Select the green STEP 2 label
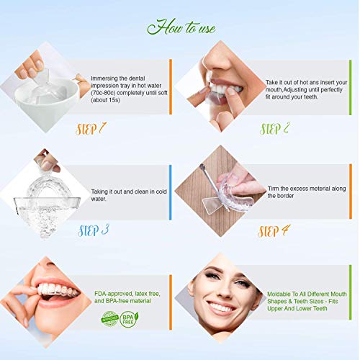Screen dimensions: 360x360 pos(275,129)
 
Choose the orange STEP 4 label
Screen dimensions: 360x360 pos(275,230)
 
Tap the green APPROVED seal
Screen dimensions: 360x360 pos(109,318)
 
